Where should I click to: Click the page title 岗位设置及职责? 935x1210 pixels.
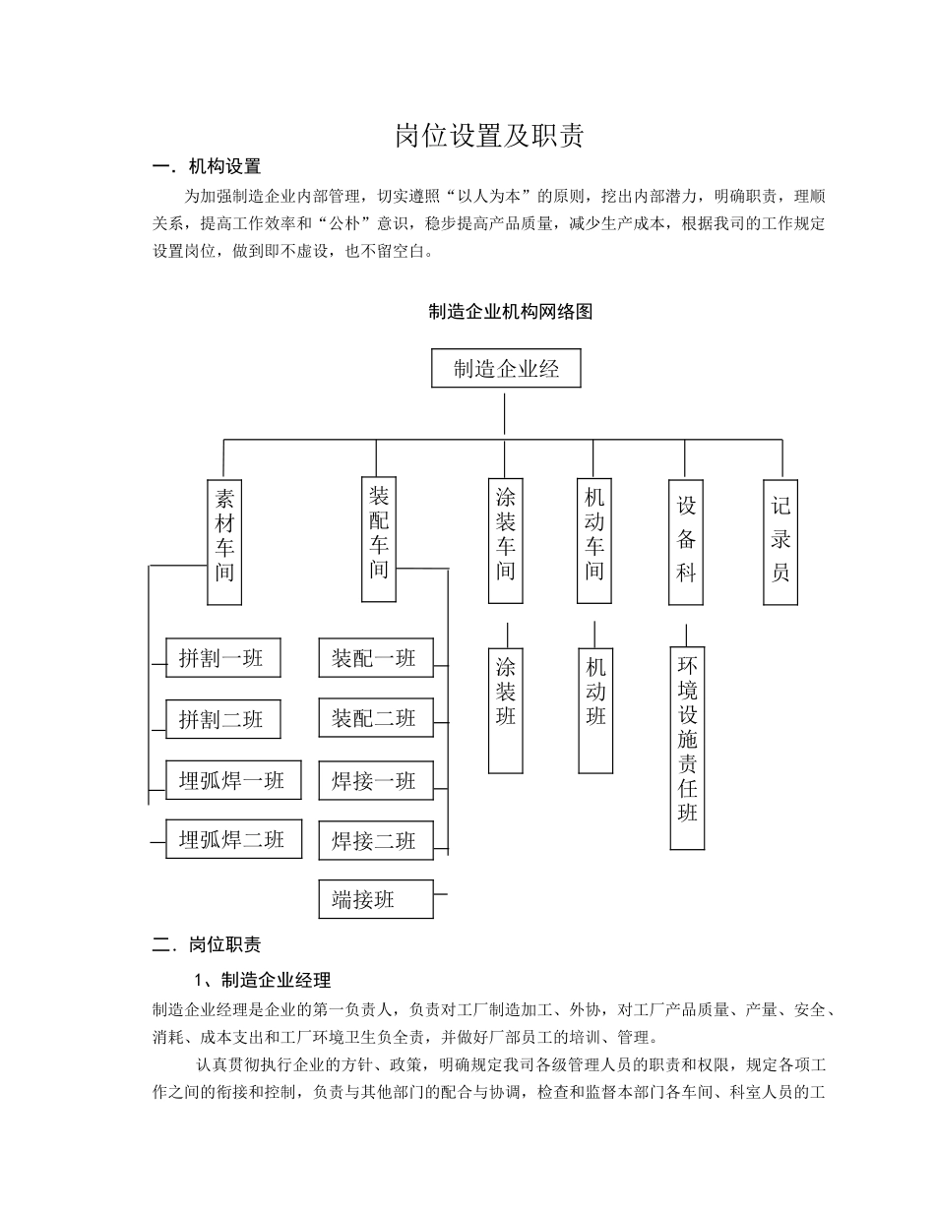489,136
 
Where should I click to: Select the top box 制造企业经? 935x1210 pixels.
506,369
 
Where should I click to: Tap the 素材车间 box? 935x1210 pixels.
224,542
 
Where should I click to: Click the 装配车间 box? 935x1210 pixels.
379,540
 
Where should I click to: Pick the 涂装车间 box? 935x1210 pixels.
506,541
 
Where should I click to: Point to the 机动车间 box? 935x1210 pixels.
594,541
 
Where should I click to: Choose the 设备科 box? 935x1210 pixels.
686,542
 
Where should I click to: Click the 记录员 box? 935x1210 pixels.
780,542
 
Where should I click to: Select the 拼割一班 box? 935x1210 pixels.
222,658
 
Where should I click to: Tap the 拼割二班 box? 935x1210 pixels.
222,719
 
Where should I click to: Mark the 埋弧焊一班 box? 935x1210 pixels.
233,780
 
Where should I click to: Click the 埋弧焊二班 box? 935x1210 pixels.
233,839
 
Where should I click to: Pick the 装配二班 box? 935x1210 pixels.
375,718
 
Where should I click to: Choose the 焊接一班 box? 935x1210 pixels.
375,781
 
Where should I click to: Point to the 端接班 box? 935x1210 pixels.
375,899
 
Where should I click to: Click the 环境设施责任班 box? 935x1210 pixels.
687,748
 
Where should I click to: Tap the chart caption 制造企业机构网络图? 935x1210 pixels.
511,312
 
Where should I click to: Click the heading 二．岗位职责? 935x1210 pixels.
207,944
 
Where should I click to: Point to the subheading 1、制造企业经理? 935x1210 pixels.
262,980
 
